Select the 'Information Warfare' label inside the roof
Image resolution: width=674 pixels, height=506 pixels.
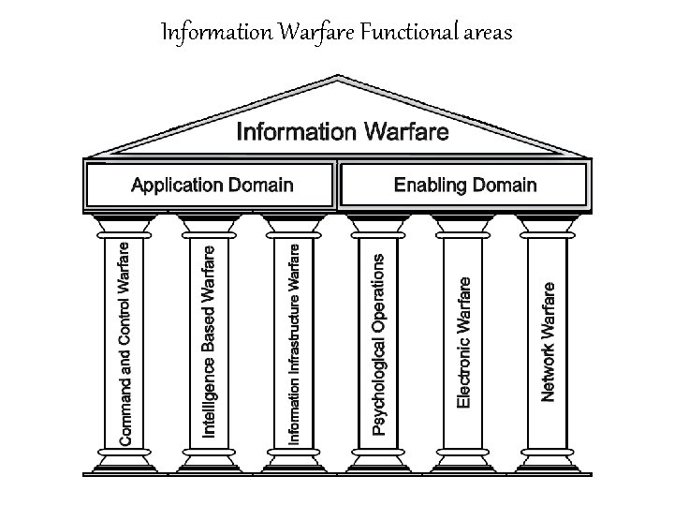click(x=343, y=131)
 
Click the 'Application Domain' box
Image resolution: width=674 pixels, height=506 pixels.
click(x=212, y=185)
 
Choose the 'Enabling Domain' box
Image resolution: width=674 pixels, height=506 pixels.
click(x=465, y=185)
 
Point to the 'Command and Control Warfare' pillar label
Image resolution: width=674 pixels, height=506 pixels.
click(x=125, y=344)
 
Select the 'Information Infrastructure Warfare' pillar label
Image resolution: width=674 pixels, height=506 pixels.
click(x=294, y=344)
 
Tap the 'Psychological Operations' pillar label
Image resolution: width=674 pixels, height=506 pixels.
click(x=379, y=344)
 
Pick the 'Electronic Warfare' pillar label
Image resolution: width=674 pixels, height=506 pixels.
click(x=463, y=340)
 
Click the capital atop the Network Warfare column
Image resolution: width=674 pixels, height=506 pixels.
click(x=548, y=225)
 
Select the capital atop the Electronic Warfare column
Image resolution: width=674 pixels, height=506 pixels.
click(x=463, y=225)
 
